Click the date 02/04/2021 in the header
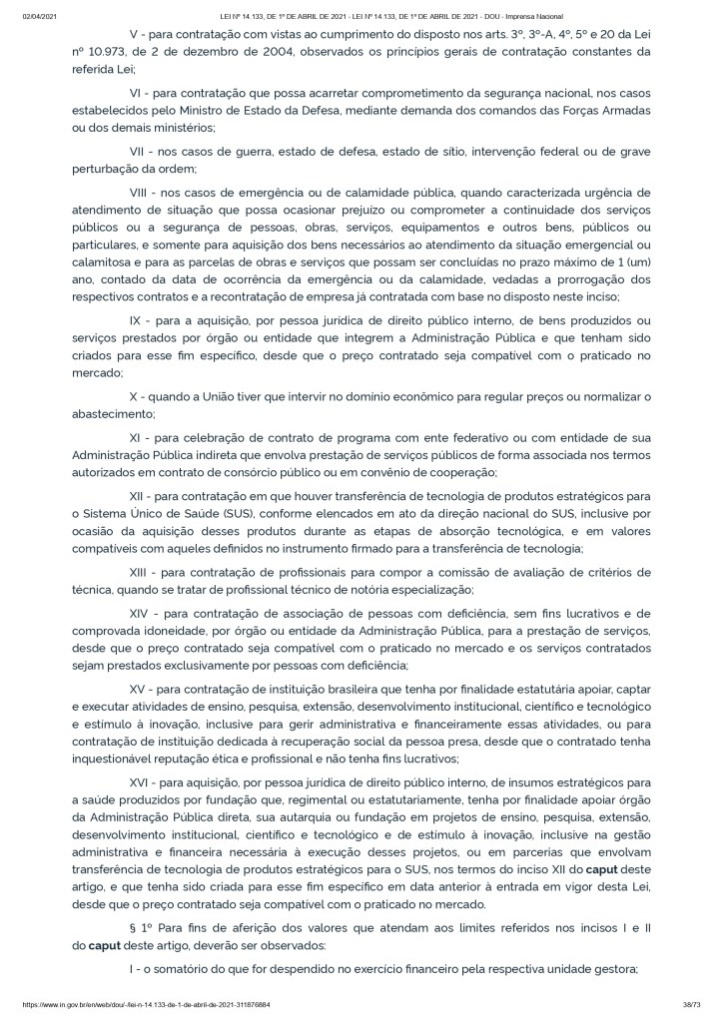click(41, 16)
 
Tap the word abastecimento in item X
click(105, 414)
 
